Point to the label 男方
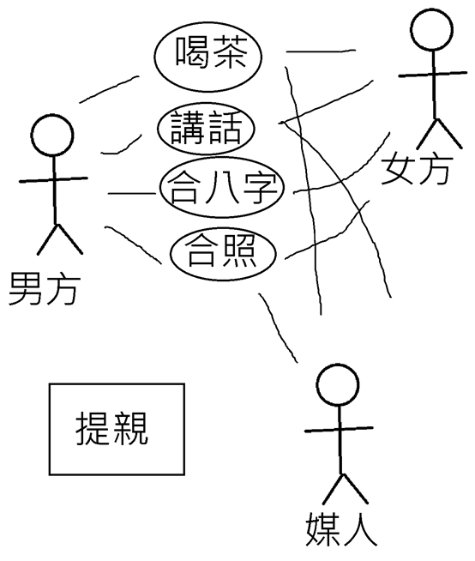pos(44,288)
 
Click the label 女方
pos(416,168)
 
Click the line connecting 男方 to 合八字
pos(132,194)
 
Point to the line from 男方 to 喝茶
pos(109,88)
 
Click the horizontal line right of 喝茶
pos(321,51)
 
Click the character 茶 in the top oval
pos(229,51)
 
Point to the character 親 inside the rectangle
pos(130,428)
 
